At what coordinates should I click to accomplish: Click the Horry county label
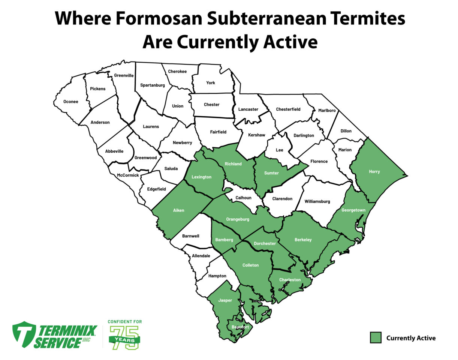[x=374, y=172]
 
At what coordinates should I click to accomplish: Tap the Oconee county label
[x=71, y=102]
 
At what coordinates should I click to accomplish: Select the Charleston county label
[x=290, y=280]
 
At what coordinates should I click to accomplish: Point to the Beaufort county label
[x=240, y=327]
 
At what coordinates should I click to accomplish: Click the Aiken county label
[x=178, y=210]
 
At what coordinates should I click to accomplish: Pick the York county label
[x=211, y=83]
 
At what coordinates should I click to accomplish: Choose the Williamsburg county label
[x=317, y=201]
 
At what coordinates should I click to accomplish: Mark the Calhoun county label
[x=244, y=198]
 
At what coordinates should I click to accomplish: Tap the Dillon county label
[x=346, y=131]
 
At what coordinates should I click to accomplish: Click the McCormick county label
[x=128, y=175]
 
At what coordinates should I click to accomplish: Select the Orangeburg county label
[x=238, y=219]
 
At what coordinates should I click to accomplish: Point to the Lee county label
[x=279, y=150]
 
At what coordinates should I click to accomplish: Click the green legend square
[x=376, y=337]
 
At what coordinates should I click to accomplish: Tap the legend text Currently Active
[x=411, y=338]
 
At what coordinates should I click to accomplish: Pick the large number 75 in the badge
[x=124, y=337]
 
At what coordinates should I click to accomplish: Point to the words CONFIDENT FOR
[x=125, y=322]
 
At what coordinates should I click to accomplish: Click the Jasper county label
[x=225, y=300]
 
